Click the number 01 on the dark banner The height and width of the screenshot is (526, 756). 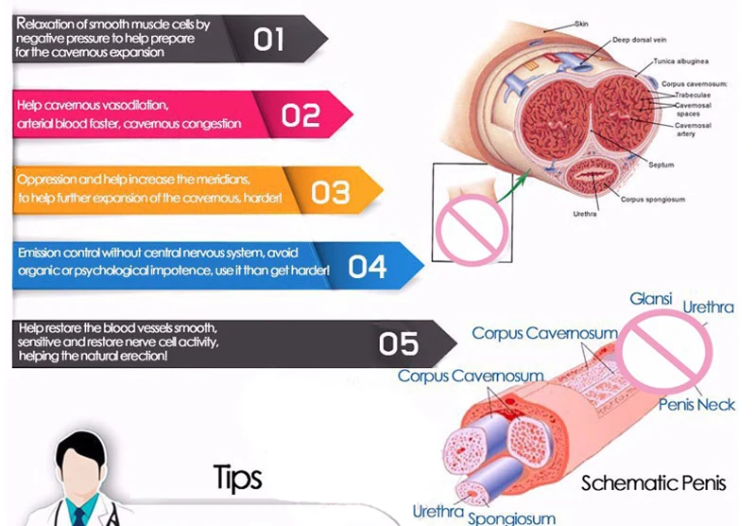pyautogui.click(x=268, y=39)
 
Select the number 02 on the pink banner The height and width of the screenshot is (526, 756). pyautogui.click(x=301, y=115)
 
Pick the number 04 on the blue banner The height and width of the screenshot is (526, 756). pyautogui.click(x=368, y=268)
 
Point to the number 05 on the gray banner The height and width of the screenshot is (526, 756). pyautogui.click(x=399, y=342)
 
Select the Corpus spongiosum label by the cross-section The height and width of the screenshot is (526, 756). pyautogui.click(x=653, y=200)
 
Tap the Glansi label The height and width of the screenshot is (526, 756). pyautogui.click(x=651, y=299)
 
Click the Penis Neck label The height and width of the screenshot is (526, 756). pyautogui.click(x=697, y=405)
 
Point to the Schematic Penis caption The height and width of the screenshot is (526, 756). pyautogui.click(x=654, y=482)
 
